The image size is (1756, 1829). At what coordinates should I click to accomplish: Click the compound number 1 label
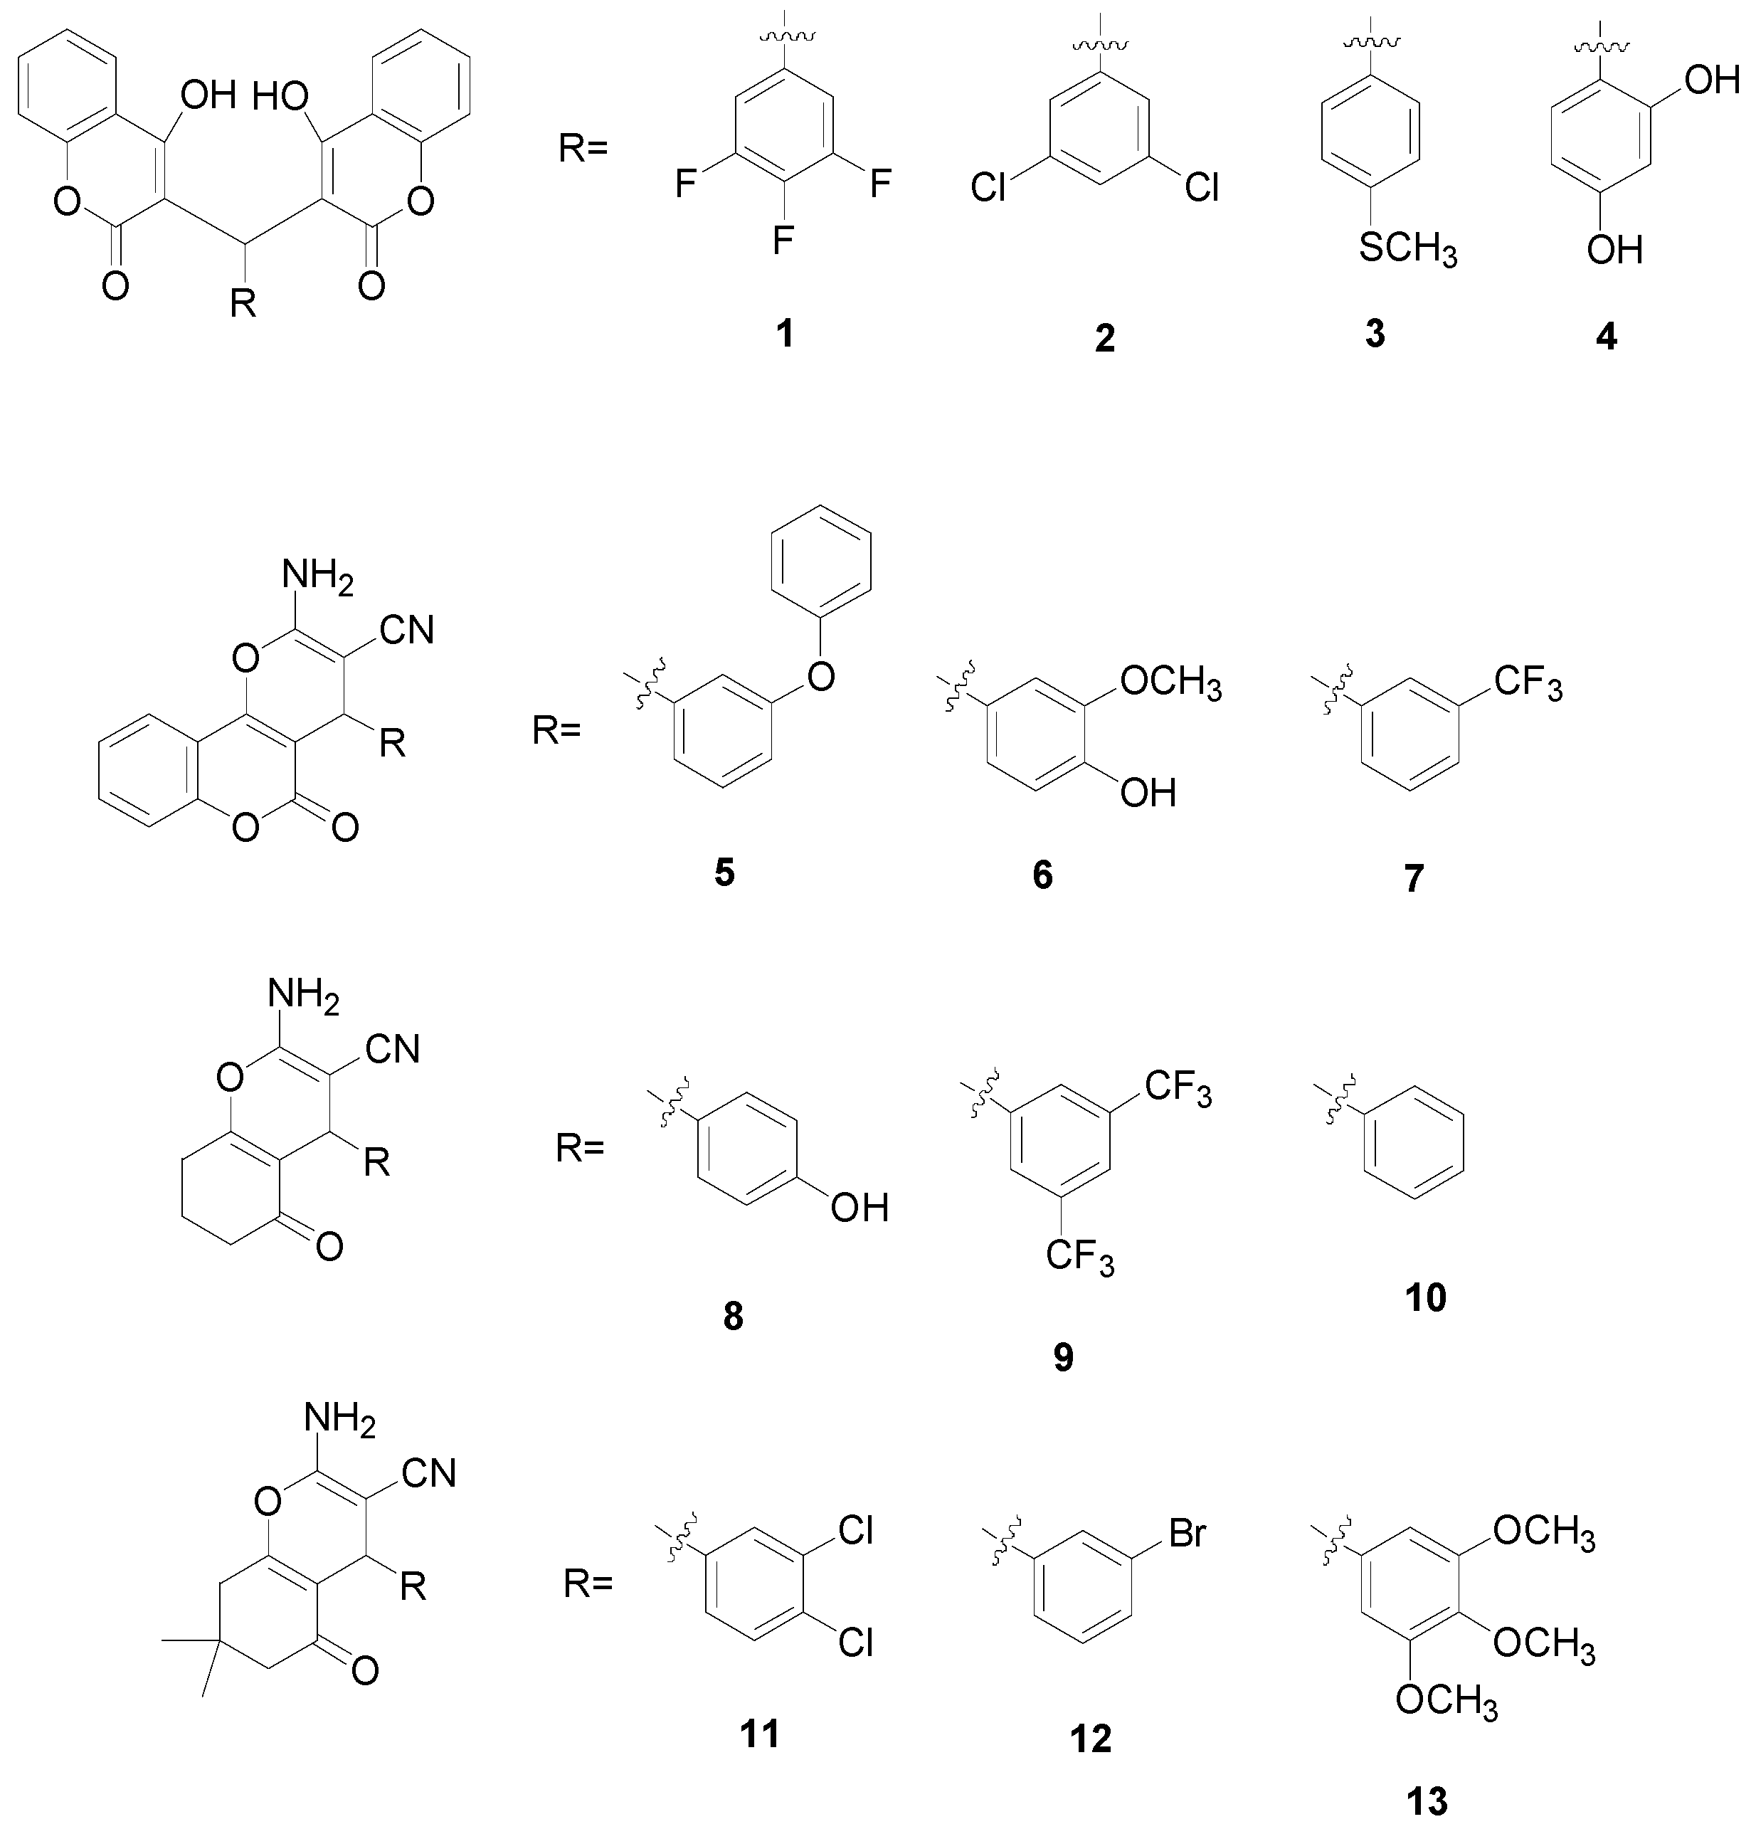(x=785, y=332)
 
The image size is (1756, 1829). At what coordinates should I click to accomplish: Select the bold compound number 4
(x=1606, y=336)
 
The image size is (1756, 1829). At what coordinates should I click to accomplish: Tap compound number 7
(x=1414, y=878)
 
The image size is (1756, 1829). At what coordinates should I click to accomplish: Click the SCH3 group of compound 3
(x=1407, y=249)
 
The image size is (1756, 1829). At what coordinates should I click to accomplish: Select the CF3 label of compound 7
(x=1528, y=683)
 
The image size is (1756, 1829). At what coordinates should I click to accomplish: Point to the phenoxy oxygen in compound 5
(x=821, y=675)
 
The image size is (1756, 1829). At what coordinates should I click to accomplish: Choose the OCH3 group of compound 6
(x=1170, y=683)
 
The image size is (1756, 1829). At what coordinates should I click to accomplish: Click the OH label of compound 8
(x=860, y=1208)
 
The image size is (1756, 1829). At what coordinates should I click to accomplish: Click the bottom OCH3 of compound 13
(x=1445, y=1700)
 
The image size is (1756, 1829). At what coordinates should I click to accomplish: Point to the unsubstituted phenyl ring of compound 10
(x=1414, y=1140)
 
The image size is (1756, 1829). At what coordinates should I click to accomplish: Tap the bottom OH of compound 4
(x=1615, y=249)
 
